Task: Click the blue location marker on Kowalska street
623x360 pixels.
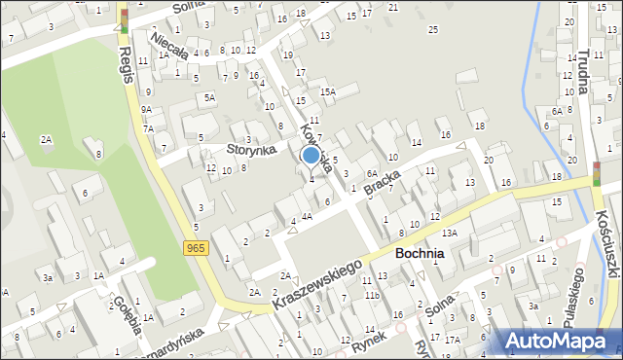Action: [x=311, y=155]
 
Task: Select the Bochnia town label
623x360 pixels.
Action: [x=421, y=253]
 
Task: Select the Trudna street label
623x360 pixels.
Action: [x=582, y=72]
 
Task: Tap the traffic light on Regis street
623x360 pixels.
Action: [x=124, y=19]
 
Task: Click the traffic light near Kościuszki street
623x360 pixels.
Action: [x=596, y=173]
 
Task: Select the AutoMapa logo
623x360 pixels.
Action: [x=557, y=340]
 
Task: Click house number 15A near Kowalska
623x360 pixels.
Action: [x=329, y=92]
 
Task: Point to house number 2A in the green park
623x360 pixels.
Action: [x=46, y=140]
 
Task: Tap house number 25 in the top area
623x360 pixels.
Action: [x=432, y=29]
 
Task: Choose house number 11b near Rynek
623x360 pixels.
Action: [x=372, y=295]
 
